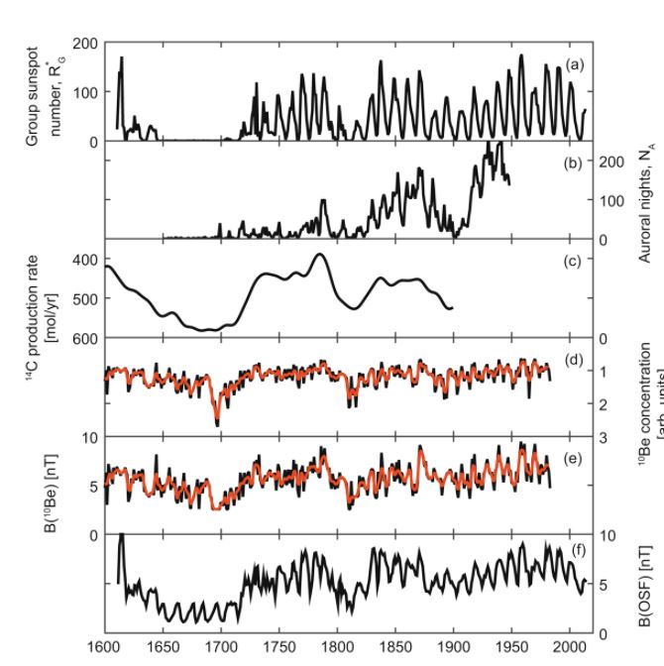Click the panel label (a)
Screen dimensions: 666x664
click(x=573, y=64)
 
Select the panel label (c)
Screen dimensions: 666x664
click(x=573, y=261)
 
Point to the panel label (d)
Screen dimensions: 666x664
click(x=573, y=358)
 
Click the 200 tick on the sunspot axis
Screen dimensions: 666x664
click(x=86, y=44)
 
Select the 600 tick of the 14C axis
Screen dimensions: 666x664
click(x=86, y=338)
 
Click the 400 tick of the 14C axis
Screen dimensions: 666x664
click(x=86, y=260)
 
